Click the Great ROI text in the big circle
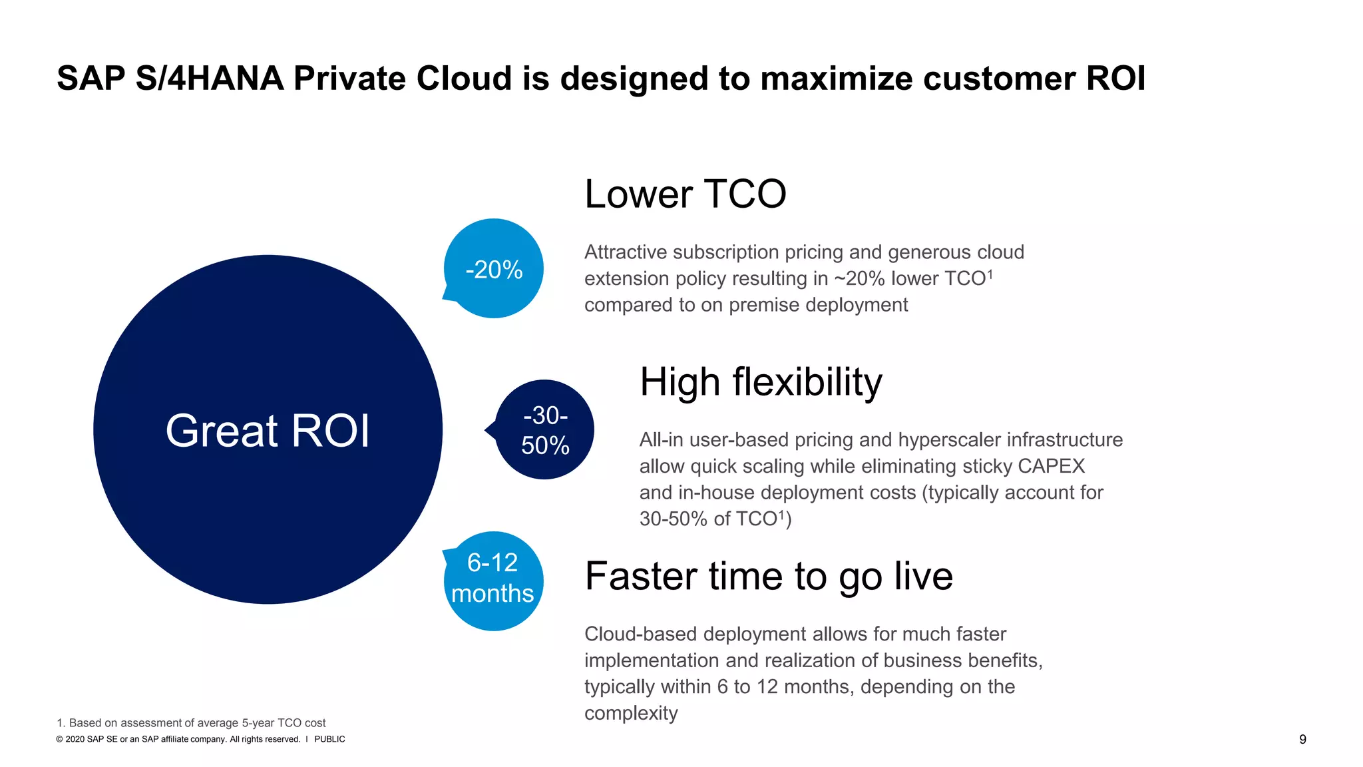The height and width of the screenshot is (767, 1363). pos(268,431)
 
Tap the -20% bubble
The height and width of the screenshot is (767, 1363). pos(494,269)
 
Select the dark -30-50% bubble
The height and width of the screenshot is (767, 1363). pos(545,430)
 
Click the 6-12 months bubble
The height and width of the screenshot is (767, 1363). pos(493,579)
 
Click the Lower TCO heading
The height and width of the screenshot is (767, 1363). pos(685,194)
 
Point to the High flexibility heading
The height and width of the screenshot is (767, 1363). pos(761,382)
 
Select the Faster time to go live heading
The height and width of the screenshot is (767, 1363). pos(769,577)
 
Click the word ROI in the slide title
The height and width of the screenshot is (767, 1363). pos(1115,79)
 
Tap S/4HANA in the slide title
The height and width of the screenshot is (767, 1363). pos(210,79)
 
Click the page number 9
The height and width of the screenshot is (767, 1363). pos(1302,740)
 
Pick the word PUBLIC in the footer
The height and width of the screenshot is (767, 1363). pos(329,740)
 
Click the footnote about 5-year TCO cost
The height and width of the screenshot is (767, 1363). pos(191,723)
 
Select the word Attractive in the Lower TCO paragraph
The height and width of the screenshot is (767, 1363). pos(626,252)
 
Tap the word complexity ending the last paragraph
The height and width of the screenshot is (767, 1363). pos(631,713)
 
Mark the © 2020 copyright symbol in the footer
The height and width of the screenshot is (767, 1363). pos(60,740)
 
